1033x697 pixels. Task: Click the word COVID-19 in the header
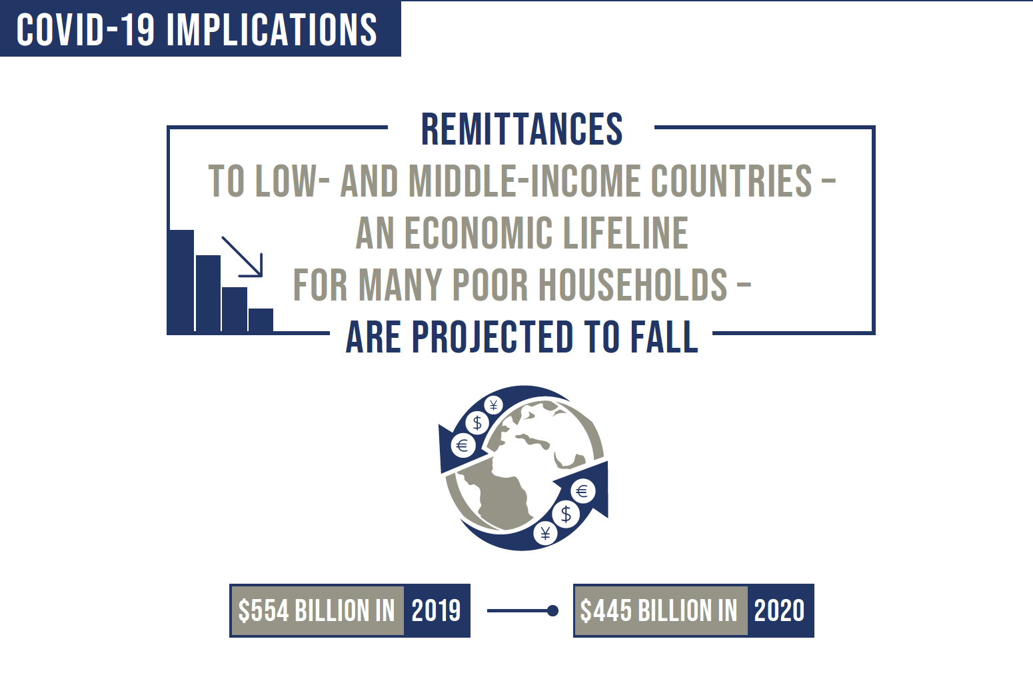[x=85, y=29]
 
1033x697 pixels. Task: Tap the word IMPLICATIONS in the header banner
[x=272, y=29]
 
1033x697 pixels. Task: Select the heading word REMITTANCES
[x=522, y=129]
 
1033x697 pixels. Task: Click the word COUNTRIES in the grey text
[x=731, y=181]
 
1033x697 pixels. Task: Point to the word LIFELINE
[x=626, y=233]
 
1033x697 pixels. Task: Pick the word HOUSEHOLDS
[x=633, y=285]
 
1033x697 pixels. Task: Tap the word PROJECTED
[x=493, y=337]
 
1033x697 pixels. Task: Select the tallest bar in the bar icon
[x=181, y=281]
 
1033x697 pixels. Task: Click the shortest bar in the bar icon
[x=261, y=320]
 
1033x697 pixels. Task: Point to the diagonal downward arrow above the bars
[x=242, y=257]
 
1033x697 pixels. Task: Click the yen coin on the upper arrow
[x=493, y=405]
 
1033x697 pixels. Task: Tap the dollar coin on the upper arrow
[x=477, y=422]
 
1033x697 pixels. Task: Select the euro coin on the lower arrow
[x=582, y=491]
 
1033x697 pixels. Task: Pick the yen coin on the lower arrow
[x=545, y=534]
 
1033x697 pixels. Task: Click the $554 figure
[x=263, y=611]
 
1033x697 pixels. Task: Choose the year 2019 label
[x=437, y=611]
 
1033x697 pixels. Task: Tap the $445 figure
[x=606, y=611]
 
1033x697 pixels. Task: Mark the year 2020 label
[x=779, y=611]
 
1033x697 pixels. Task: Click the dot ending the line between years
[x=552, y=611]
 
